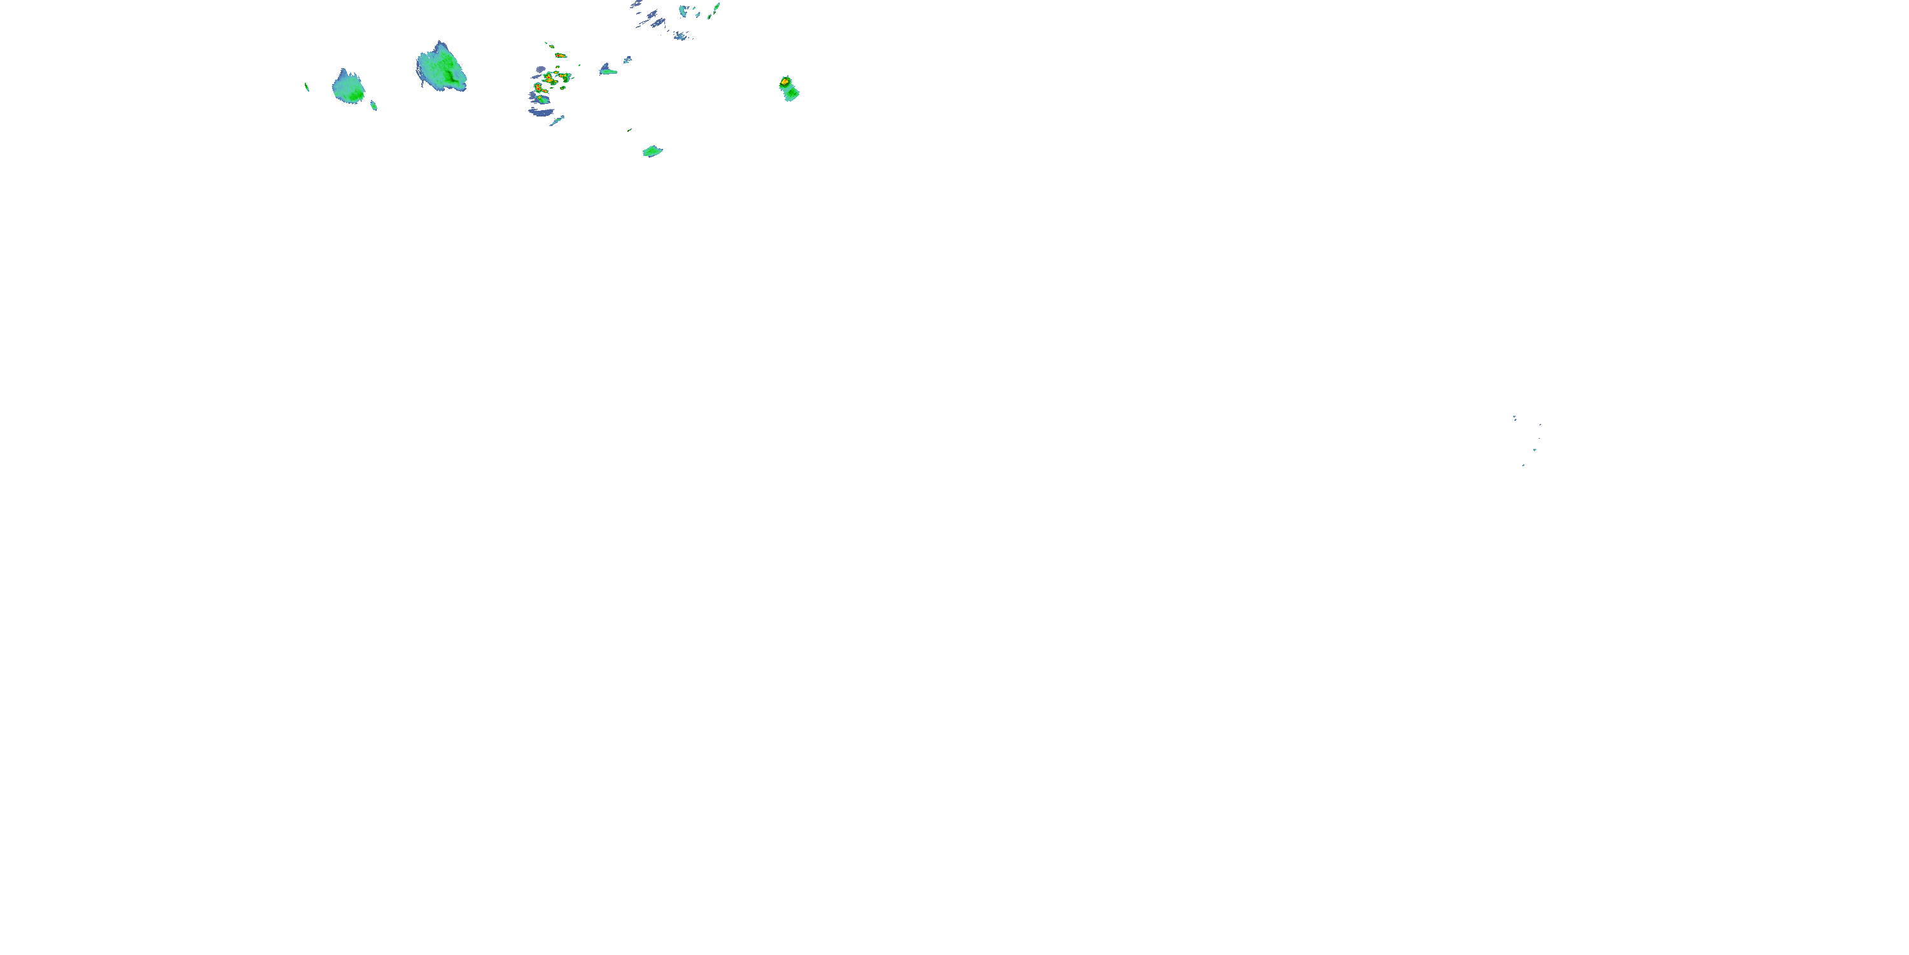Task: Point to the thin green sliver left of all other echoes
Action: tap(307, 87)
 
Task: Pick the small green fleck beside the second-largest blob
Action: tap(374, 105)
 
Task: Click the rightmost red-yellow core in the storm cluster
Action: tap(566, 76)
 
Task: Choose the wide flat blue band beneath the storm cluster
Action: tap(541, 112)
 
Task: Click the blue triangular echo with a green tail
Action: tap(607, 71)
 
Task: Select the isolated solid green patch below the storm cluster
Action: tap(652, 152)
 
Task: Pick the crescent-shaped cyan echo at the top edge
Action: tap(684, 11)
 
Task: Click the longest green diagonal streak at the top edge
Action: tap(716, 8)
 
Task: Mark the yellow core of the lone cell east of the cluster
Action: tap(785, 81)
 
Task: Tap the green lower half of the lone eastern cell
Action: tap(791, 94)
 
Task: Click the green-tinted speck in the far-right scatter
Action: tap(1535, 449)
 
